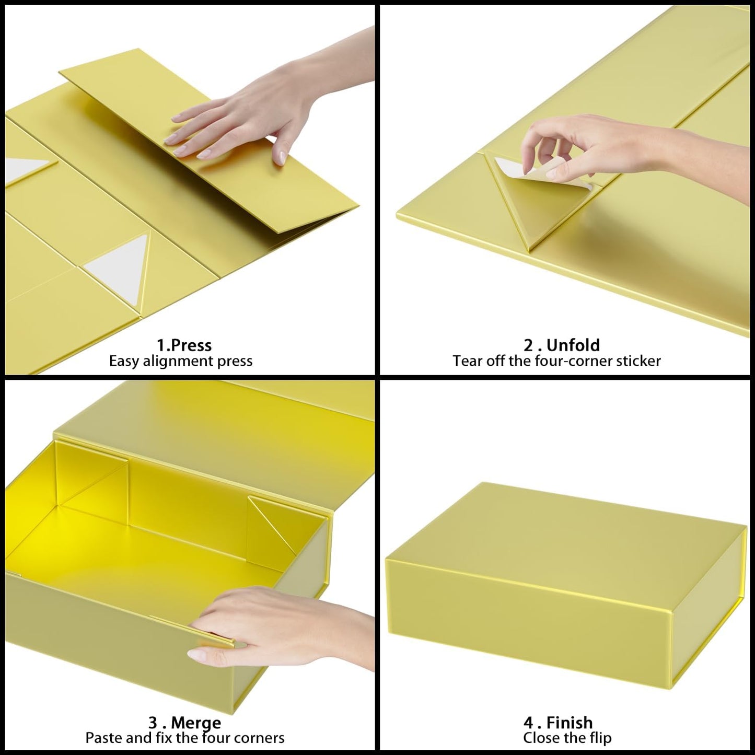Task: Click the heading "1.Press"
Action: pos(184,345)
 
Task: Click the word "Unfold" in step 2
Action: pos(573,345)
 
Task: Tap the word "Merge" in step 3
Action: pos(196,723)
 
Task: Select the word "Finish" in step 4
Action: pos(569,723)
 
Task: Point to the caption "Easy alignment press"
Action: pos(180,361)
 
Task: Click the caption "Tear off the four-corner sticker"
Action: pos(556,361)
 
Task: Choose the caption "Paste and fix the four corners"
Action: pos(185,738)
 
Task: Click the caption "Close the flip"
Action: pos(567,738)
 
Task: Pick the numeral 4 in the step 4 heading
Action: pos(528,723)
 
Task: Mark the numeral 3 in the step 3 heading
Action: pos(153,723)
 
